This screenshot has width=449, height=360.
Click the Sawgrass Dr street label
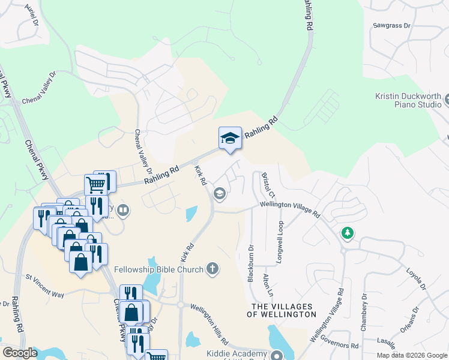point(391,26)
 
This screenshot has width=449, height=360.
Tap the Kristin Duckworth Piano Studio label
point(408,100)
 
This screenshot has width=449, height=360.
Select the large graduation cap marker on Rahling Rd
point(230,139)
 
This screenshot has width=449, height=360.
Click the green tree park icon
point(348,232)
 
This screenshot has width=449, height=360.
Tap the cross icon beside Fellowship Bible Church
point(212,269)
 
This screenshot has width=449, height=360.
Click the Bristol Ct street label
point(268,186)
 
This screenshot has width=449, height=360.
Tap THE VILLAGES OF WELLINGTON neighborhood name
point(282,310)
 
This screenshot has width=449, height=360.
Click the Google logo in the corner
point(20,353)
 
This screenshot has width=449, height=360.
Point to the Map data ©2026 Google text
point(412,355)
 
